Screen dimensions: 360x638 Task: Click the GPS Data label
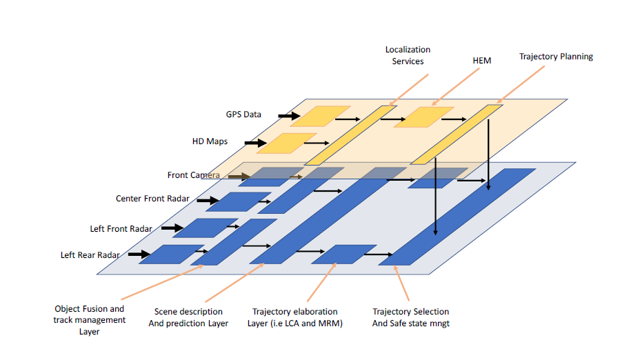[x=243, y=114]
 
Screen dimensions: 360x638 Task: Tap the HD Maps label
[x=210, y=142]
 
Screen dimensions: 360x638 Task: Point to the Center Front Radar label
[x=152, y=199]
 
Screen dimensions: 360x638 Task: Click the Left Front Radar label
[x=121, y=228]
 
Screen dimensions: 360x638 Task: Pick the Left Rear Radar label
[x=90, y=255]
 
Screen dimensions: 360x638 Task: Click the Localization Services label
[x=408, y=55]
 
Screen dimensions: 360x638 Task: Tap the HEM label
[x=481, y=61]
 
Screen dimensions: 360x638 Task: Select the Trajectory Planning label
[x=556, y=57]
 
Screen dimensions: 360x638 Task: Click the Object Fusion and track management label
[x=90, y=320]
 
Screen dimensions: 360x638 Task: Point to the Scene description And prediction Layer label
[x=188, y=317]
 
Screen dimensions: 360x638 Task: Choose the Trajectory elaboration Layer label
[x=295, y=317]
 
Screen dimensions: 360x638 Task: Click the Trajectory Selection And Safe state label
[x=410, y=317]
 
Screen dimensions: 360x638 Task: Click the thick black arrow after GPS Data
[x=289, y=116]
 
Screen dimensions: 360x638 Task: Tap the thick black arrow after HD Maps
[x=255, y=143]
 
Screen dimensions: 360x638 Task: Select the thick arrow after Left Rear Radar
[x=140, y=254]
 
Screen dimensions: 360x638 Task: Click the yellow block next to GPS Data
[x=320, y=116]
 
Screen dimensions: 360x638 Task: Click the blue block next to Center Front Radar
[x=228, y=201]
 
